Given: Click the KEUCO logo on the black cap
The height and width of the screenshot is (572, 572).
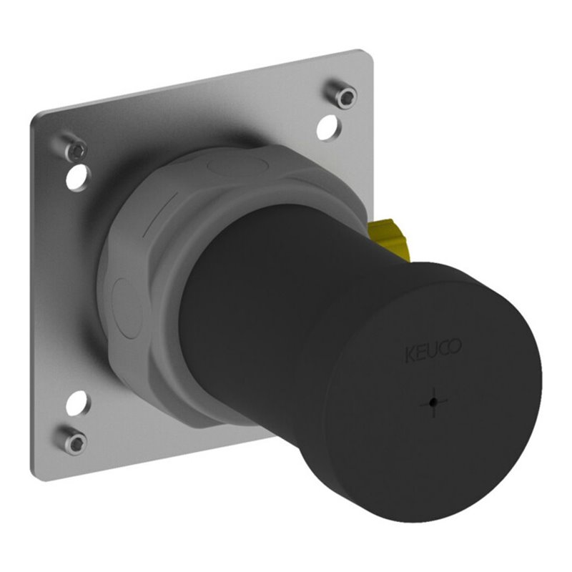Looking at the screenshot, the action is (434, 350).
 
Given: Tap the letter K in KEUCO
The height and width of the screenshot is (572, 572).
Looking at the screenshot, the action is (410, 355).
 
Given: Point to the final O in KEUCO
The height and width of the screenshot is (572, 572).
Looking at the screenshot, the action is (456, 346).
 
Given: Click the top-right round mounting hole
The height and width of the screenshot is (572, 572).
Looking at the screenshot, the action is (330, 127).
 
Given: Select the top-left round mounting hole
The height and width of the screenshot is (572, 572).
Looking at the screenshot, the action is (79, 177).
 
